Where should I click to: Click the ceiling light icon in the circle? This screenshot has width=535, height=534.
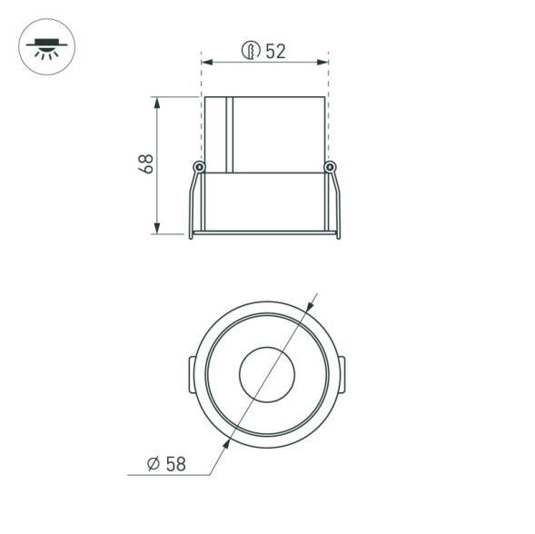[x=47, y=46]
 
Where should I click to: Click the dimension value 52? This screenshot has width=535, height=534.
[x=275, y=51]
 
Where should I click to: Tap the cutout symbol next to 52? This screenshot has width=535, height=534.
[x=250, y=51]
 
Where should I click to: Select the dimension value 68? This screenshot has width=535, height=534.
[x=145, y=163]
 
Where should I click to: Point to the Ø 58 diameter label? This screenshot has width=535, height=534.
[x=167, y=463]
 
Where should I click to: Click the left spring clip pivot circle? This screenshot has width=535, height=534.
[x=199, y=167]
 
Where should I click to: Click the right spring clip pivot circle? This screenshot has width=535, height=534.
[x=330, y=167]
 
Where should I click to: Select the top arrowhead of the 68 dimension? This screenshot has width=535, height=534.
[x=158, y=102]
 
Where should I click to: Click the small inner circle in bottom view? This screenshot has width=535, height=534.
[x=264, y=372]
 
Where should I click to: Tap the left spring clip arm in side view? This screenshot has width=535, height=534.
[x=193, y=204]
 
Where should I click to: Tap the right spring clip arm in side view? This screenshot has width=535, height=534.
[x=336, y=204]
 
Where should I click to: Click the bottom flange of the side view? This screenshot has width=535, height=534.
[x=264, y=234]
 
